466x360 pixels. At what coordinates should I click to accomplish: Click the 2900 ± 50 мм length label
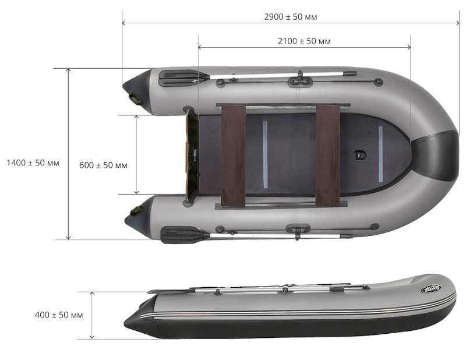click(x=290, y=17)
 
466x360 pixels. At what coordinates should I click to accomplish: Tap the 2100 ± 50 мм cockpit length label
click(x=304, y=41)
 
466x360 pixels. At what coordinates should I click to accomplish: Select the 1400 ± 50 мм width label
click(x=33, y=163)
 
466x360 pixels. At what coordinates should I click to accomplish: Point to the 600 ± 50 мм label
click(x=104, y=165)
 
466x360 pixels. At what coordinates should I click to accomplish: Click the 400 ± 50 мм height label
click(x=59, y=315)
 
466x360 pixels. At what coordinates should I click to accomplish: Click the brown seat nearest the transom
click(x=234, y=156)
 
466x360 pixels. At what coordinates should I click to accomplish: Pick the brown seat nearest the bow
click(x=328, y=156)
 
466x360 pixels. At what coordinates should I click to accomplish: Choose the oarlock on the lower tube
click(x=298, y=230)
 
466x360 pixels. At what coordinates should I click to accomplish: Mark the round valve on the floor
click(x=359, y=154)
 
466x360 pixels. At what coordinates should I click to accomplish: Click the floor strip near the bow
click(x=380, y=154)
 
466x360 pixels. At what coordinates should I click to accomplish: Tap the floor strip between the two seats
click(x=265, y=154)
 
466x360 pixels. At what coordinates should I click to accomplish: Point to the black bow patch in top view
click(x=436, y=156)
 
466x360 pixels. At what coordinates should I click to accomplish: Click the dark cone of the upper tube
click(x=137, y=91)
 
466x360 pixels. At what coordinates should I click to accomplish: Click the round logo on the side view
click(x=430, y=288)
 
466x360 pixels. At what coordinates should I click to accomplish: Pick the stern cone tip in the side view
click(x=125, y=323)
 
